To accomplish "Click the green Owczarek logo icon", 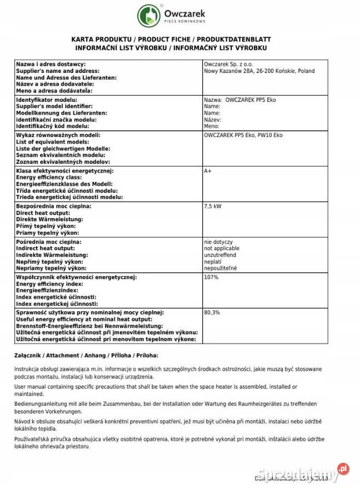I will tap(148, 15).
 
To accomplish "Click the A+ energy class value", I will tap(208, 171).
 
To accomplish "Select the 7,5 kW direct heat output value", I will tap(213, 206).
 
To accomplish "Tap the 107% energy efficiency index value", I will tap(211, 277).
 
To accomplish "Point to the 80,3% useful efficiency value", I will tap(212, 312).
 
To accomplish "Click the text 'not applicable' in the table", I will tap(221, 248).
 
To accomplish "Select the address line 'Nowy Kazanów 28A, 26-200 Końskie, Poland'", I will tap(259, 71).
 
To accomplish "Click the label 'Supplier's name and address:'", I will tap(58, 71).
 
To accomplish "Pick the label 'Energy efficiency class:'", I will tap(49, 177).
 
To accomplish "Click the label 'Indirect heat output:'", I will tap(45, 248).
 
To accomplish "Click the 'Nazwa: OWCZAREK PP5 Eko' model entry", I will tap(239, 100).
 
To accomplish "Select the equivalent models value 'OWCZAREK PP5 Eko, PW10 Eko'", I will tap(243, 135).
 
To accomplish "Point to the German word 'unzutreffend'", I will tap(220, 255).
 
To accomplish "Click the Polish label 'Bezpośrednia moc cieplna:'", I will tap(53, 206).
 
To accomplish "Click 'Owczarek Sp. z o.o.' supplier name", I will tap(228, 65).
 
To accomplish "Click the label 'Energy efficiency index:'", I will tap(50, 284).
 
